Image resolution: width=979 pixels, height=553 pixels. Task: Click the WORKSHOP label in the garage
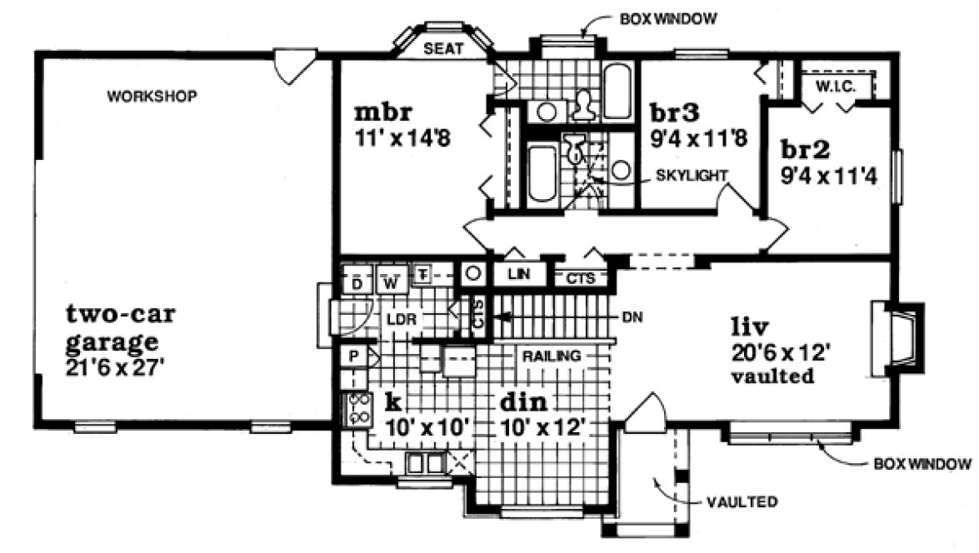(152, 97)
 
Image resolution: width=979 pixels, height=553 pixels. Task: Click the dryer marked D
(357, 281)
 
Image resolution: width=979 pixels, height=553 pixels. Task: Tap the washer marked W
(390, 281)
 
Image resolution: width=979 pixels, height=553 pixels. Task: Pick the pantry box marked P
(354, 356)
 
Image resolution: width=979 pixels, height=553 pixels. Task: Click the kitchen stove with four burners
(359, 409)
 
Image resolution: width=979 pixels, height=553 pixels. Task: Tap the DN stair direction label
(632, 316)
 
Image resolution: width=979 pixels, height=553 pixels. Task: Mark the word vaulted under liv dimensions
(772, 376)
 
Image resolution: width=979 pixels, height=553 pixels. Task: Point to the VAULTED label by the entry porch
(742, 502)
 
